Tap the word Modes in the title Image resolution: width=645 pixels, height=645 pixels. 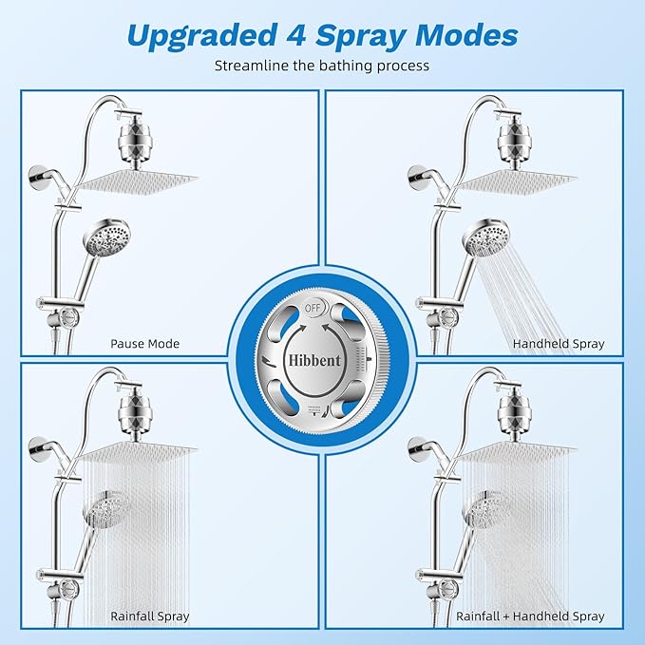464,35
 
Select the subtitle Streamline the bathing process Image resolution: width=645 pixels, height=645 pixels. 322,66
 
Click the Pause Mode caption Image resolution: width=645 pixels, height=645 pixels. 144,344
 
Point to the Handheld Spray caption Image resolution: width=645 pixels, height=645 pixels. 558,344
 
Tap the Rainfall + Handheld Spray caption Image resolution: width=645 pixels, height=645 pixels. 530,617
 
